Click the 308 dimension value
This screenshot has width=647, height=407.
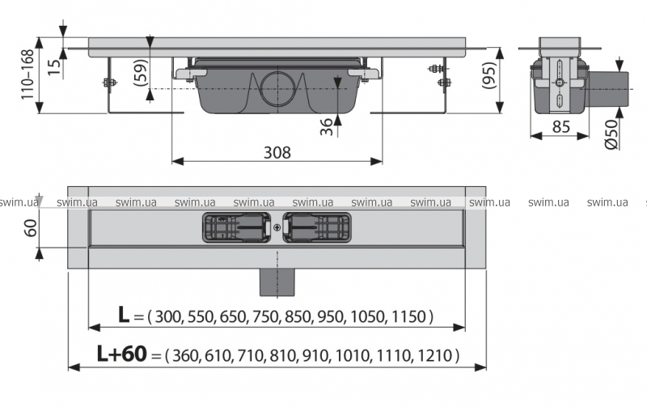pyautogui.click(x=277, y=152)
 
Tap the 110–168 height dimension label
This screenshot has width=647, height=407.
pyautogui.click(x=27, y=74)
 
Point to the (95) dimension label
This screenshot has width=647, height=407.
pyautogui.click(x=489, y=75)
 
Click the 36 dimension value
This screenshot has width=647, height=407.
pyautogui.click(x=327, y=127)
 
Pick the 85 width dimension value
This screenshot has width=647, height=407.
pyautogui.click(x=561, y=127)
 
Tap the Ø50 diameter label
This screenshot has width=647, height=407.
pyautogui.click(x=612, y=134)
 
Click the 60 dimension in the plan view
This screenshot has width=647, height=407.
pyautogui.click(x=31, y=227)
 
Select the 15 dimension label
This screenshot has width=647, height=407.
pyautogui.click(x=54, y=67)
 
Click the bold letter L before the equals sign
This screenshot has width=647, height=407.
pyautogui.click(x=124, y=315)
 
